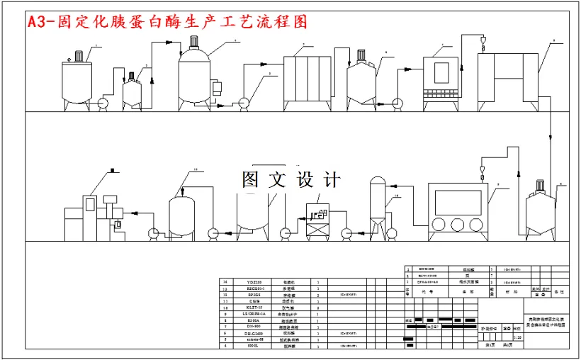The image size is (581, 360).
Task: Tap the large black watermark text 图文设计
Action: pos(291,180)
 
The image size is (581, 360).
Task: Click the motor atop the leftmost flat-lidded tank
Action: pos(78,55)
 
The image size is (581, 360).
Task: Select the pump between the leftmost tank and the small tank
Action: pos(103,103)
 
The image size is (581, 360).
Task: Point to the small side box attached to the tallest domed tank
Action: pos(212,89)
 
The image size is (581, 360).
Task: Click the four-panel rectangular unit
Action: pos(309,80)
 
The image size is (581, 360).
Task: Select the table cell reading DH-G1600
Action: pos(254,333)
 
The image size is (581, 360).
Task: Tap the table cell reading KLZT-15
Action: pos(254,308)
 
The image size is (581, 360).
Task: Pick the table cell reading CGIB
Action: pos(254,302)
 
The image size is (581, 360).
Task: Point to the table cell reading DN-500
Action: pos(254,327)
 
